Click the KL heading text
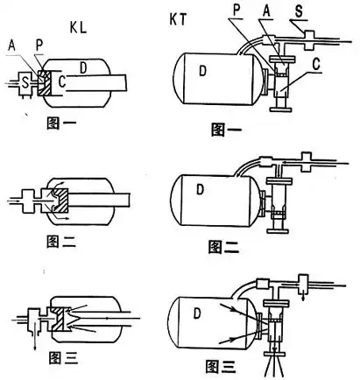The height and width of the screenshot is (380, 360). click(x=78, y=27)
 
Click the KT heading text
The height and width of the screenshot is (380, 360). click(x=178, y=19)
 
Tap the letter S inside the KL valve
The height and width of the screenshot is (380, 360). click(x=26, y=83)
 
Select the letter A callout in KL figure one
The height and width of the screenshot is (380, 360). click(x=11, y=46)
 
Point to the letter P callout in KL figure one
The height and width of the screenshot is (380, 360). click(x=39, y=46)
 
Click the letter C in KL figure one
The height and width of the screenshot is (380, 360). click(x=62, y=82)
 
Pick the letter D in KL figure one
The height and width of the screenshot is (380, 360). click(x=83, y=68)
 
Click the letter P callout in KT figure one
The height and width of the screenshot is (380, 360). click(x=236, y=11)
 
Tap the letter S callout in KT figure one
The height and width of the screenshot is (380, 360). click(x=299, y=11)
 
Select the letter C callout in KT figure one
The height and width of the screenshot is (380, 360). click(x=316, y=65)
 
